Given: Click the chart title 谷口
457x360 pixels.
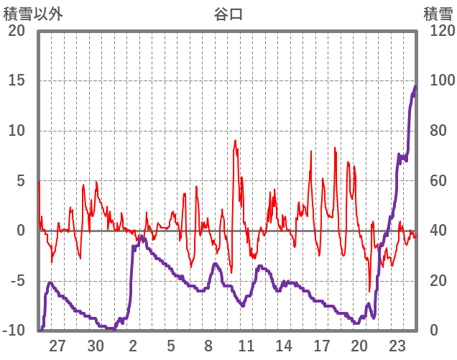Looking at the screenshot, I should (x=228, y=13).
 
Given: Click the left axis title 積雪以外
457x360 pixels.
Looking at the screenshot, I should (x=32, y=13).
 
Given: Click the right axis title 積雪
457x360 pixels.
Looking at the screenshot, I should (x=438, y=13).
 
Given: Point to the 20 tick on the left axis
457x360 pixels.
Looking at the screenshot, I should (x=17, y=31).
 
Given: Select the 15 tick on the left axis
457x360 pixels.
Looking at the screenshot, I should (x=17, y=80).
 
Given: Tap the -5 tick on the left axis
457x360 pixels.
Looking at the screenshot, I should (x=17, y=281).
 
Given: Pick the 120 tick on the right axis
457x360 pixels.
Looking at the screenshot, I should (x=437, y=31).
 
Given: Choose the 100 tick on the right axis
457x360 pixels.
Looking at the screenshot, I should (x=437, y=80).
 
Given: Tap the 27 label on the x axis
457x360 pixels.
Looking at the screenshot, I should (x=57, y=345).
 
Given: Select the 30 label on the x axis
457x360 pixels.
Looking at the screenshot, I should (x=96, y=345).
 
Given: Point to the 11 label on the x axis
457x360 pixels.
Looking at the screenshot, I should (x=246, y=345).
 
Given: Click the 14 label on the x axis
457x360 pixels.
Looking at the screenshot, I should (x=284, y=345).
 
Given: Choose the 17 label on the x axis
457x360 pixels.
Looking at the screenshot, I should (x=321, y=345).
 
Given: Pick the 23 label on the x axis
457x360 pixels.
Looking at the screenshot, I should (x=397, y=345).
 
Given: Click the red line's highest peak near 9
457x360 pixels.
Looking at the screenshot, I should (x=235, y=141).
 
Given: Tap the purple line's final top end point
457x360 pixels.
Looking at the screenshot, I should (x=415, y=86).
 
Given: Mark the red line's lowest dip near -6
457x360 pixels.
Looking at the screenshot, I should (x=369, y=291).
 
